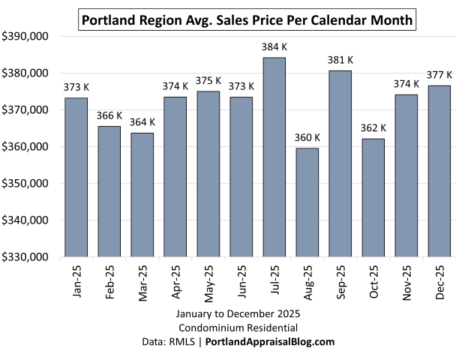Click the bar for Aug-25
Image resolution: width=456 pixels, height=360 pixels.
point(307,202)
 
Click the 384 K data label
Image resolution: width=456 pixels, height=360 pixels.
point(274,47)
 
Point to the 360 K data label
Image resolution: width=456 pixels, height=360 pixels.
point(307,137)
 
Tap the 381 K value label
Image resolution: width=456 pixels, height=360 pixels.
point(339,60)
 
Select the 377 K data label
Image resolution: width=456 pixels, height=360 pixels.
point(439,75)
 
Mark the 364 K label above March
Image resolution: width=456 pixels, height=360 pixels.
point(142,122)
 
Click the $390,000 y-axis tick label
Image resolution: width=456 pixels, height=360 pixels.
point(25,36)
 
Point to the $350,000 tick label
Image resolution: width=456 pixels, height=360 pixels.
point(25,183)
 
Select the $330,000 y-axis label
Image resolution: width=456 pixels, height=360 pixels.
point(25,256)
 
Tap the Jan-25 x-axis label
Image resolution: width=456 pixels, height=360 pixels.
point(76,283)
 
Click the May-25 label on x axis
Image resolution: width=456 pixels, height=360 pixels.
point(208,283)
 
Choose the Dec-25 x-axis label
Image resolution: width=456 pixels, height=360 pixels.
point(438,283)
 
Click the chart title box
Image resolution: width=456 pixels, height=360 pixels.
point(247,20)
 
